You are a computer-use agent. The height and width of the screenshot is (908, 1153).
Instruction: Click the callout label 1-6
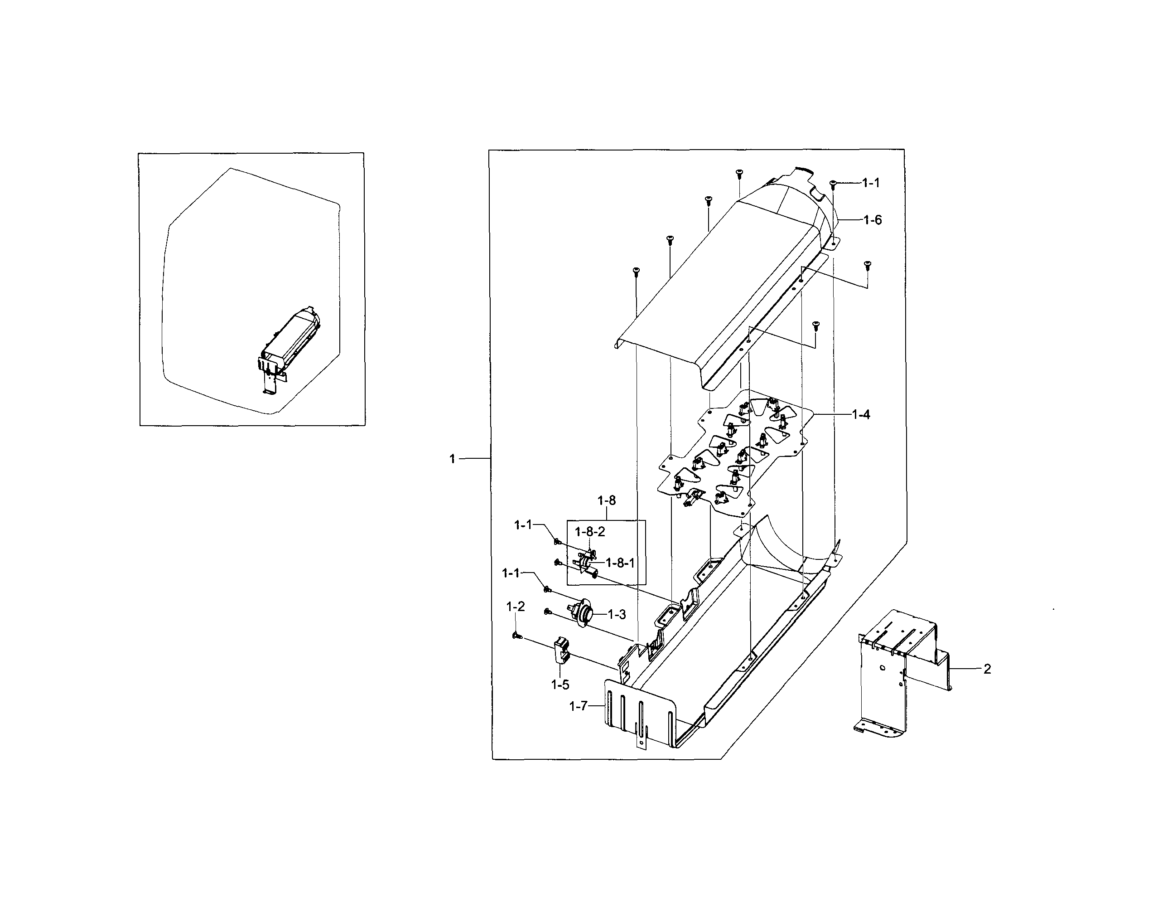(873, 219)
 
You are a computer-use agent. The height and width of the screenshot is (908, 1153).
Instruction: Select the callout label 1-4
(861, 415)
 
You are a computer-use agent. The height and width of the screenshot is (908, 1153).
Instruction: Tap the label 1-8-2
(590, 532)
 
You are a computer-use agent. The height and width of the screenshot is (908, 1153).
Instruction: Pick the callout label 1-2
(516, 606)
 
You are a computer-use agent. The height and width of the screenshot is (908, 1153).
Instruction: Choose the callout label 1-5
(560, 685)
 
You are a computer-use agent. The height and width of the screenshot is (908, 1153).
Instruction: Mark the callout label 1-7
(578, 706)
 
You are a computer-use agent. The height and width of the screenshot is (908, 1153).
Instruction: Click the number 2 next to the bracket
(987, 669)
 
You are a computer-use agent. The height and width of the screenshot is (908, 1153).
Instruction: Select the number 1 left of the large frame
(452, 459)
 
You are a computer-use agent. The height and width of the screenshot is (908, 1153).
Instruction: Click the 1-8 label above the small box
(606, 500)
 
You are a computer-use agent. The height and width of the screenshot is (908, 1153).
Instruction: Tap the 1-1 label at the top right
(870, 183)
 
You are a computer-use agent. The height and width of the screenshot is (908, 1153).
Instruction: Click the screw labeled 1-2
(516, 635)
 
